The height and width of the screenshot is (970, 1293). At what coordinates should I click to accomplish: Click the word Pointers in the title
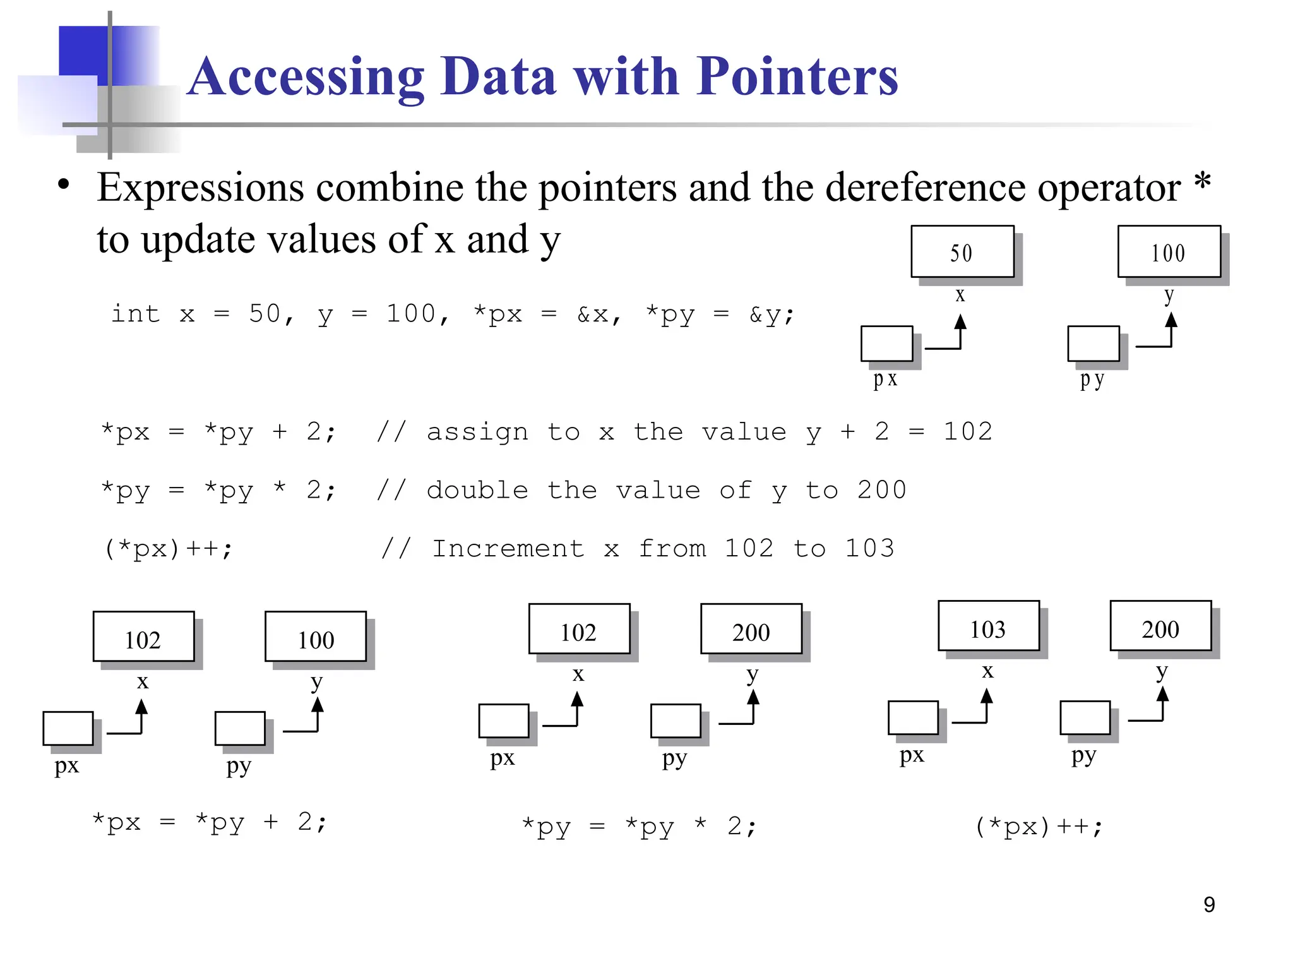coord(797,77)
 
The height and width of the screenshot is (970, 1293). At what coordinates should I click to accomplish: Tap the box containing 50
coord(962,251)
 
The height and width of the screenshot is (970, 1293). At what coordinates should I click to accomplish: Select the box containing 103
coord(988,626)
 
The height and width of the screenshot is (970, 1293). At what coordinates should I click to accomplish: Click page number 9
coord(1209,904)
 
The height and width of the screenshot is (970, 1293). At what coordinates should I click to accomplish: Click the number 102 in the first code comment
coord(967,432)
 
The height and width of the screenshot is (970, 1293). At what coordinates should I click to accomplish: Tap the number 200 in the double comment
coord(881,490)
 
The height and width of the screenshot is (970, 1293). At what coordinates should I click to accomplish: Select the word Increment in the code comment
coord(508,548)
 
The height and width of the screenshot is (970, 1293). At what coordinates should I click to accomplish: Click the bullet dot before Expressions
coord(63,184)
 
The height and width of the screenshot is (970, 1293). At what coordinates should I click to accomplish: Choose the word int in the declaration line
coord(135,314)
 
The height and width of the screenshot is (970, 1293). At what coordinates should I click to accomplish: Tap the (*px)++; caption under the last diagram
coord(1039,826)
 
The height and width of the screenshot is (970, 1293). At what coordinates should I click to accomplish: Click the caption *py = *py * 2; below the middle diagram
coord(639,826)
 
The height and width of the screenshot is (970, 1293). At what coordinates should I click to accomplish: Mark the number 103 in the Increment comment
coord(869,548)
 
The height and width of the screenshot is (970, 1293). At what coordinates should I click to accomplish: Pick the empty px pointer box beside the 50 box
coord(886,344)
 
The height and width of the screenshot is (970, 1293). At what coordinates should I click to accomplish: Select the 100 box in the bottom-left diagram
coord(316,637)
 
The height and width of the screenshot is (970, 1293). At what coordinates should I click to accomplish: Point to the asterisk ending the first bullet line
coord(1202,181)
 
